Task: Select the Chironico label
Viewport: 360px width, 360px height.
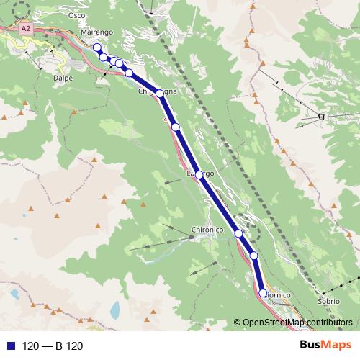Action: (208, 230)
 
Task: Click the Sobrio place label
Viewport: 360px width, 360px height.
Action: (328, 302)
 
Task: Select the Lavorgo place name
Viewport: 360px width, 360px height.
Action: (200, 174)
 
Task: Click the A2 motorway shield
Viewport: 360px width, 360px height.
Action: (26, 28)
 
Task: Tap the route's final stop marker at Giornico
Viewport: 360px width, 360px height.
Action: (263, 293)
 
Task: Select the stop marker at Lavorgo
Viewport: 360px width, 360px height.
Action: (199, 174)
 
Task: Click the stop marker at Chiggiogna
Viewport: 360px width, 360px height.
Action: (160, 93)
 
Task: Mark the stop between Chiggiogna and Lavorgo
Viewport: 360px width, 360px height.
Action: (175, 127)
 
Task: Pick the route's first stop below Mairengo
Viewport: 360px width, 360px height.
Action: (97, 48)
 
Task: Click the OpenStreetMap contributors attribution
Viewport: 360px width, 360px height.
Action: (295, 322)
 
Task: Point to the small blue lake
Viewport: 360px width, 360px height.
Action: (115, 310)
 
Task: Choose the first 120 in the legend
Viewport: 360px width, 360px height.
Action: (31, 346)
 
